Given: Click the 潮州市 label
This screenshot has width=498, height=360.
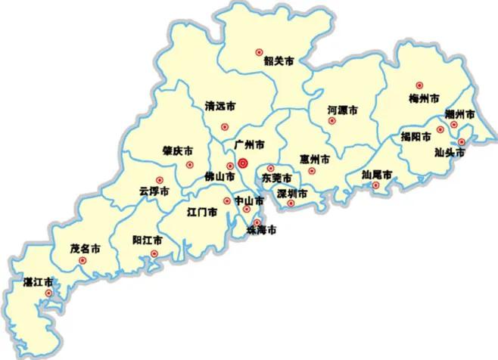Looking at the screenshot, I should [460, 114].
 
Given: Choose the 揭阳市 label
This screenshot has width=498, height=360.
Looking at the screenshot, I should [416, 138].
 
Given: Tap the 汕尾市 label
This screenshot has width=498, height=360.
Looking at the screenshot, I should [376, 174].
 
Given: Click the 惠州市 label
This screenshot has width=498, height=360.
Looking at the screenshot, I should [315, 160].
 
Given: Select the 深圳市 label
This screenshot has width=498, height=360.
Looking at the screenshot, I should [292, 194].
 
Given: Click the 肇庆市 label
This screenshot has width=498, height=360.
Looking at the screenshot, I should [177, 151].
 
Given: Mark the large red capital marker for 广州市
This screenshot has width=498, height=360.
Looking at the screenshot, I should [243, 163].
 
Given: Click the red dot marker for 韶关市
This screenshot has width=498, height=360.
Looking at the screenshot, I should [259, 53].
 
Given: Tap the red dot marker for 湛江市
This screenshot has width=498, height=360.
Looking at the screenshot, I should [48, 293].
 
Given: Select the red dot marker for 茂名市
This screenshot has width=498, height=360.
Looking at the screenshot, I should [82, 261].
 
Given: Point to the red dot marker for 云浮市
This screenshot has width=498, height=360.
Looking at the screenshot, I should [159, 180].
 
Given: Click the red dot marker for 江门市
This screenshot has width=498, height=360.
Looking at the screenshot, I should [226, 200].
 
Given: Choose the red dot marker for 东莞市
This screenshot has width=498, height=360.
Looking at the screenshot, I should [271, 168].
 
